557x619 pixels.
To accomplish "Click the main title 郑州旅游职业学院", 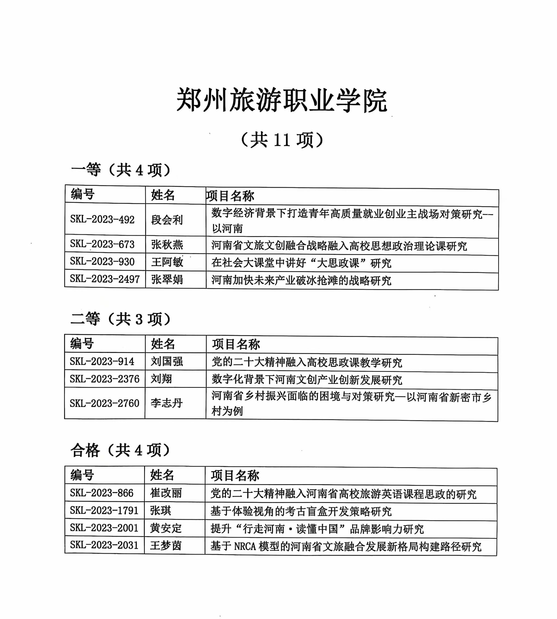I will (x=282, y=100).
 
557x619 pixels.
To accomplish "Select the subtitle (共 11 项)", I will (x=282, y=140).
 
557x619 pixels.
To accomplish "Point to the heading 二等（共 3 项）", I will (x=120, y=319).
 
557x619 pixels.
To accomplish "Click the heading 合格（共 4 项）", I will (x=120, y=450).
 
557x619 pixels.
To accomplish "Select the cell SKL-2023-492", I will (x=102, y=220).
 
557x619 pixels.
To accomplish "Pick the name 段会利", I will (x=167, y=220).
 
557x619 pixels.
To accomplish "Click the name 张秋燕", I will (x=167, y=244).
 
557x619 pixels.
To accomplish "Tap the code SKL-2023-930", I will (x=102, y=262).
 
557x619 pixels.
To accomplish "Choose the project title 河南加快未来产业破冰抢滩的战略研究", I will (x=301, y=281).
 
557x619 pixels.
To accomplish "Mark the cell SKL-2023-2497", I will (x=105, y=279).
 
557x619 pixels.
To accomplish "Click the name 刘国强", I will (x=167, y=362).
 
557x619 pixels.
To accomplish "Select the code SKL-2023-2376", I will (x=104, y=379).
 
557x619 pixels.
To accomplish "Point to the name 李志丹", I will (x=166, y=403).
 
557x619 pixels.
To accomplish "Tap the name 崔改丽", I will (x=166, y=493).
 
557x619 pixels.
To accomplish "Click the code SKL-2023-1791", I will (x=104, y=511).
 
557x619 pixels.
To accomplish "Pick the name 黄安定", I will (x=166, y=528).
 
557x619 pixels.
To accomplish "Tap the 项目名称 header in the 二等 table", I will (x=236, y=345).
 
